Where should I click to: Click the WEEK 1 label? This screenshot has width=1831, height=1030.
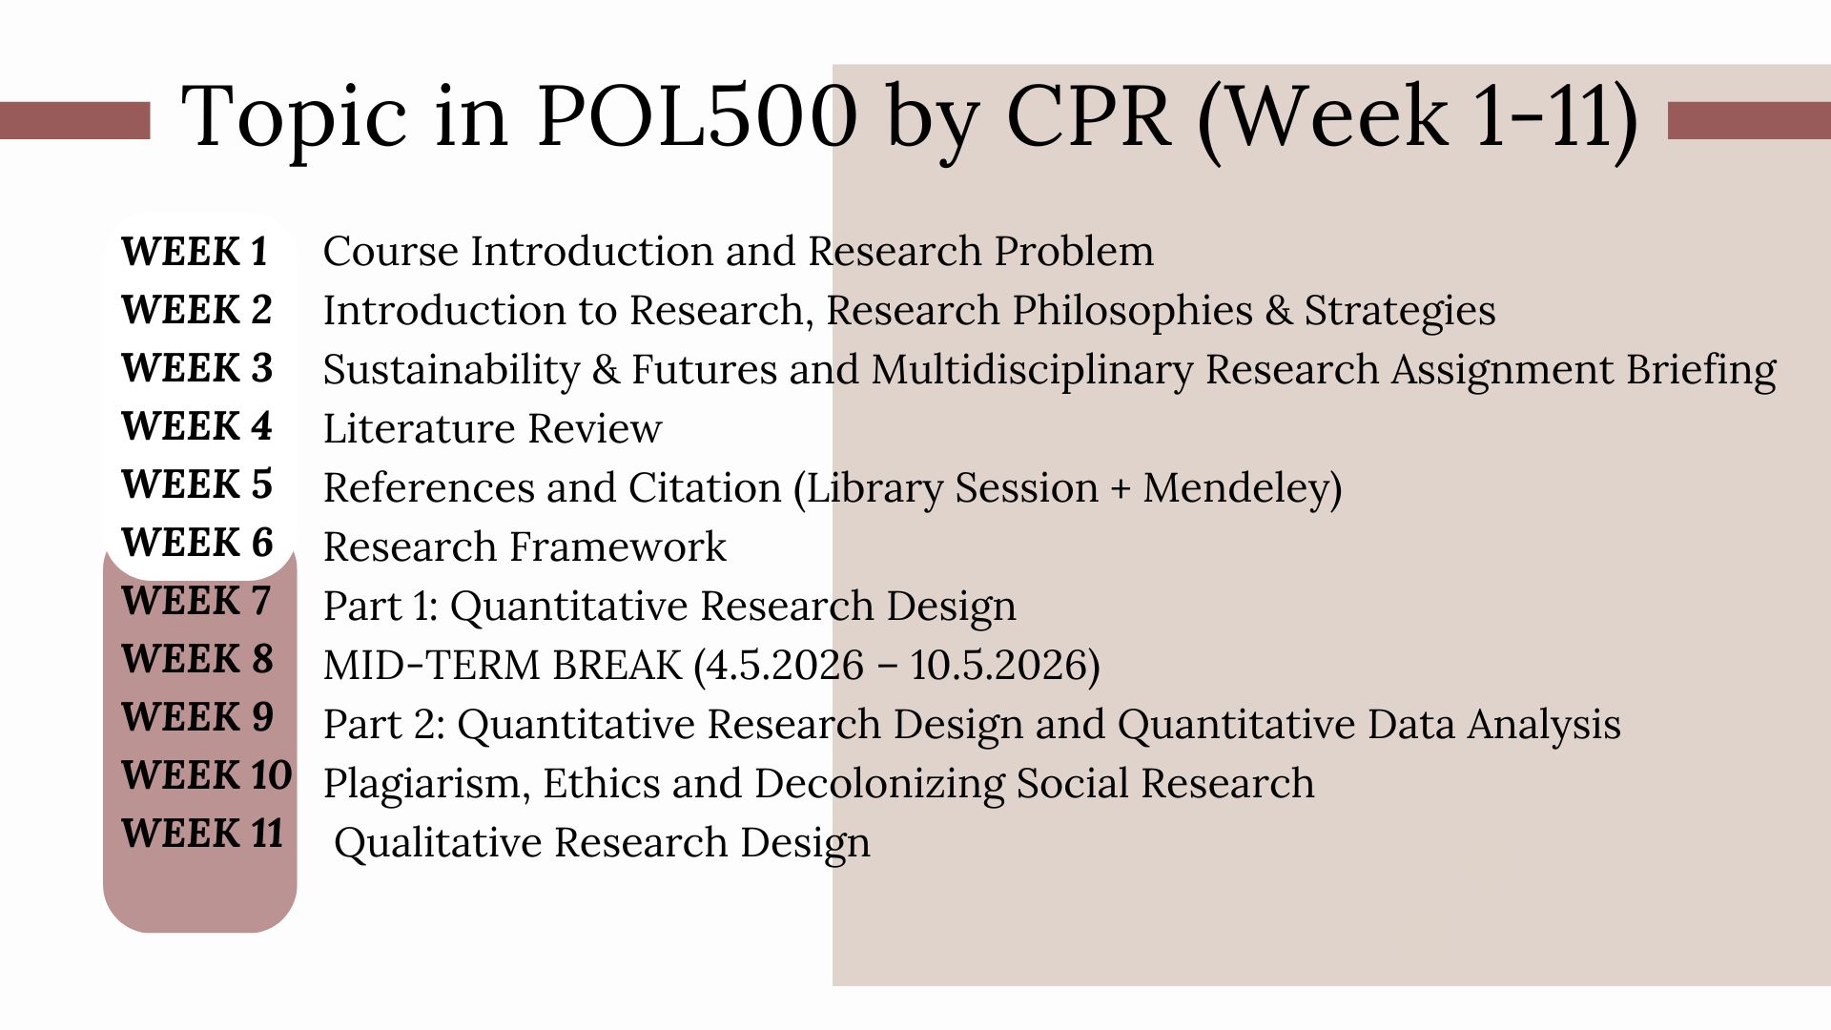point(195,252)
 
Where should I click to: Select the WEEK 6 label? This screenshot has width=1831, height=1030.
point(196,543)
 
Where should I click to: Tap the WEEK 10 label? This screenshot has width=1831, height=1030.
point(206,775)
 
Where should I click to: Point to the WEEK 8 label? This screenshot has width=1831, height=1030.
point(196,659)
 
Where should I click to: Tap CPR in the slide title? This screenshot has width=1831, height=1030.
point(1087,116)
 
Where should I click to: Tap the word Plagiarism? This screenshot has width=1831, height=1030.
point(426,784)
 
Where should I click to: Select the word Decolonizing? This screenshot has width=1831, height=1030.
point(878,784)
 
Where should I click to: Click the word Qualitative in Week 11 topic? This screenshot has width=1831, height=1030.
point(438,843)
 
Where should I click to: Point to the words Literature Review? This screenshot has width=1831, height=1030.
point(492,429)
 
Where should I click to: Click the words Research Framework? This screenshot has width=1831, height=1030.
point(525,547)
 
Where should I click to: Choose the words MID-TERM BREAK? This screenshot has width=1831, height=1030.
point(503,665)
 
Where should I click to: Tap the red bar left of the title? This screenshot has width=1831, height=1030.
point(74,121)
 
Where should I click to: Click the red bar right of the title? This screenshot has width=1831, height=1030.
point(1748,121)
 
